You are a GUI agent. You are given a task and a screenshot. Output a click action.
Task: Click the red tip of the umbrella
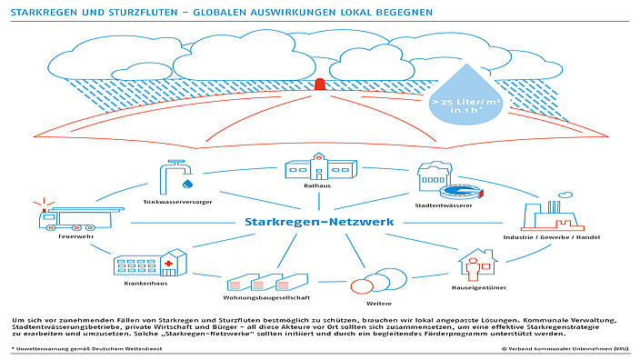coord(319,84)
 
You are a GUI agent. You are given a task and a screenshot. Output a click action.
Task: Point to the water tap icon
coord(173,176)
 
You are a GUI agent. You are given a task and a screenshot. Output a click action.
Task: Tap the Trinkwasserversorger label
coord(177,202)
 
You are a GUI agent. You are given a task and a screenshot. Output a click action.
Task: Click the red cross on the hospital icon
coord(167,265)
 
